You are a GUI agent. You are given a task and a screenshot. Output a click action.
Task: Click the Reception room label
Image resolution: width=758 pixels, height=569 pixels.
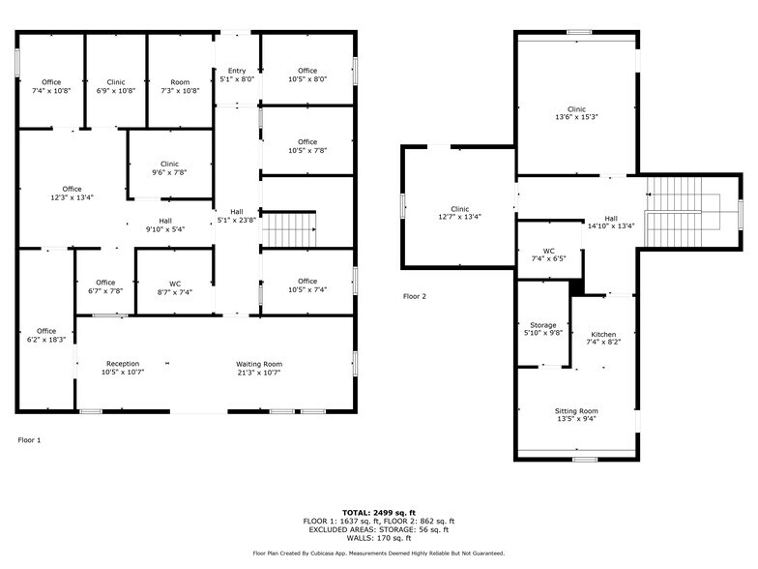(123, 364)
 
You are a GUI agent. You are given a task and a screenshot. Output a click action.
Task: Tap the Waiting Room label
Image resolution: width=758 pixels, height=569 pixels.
(258, 364)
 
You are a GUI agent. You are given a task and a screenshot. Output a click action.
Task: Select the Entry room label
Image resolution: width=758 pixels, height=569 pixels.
(237, 71)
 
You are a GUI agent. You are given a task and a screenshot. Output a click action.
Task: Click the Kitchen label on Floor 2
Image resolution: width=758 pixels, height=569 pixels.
(603, 334)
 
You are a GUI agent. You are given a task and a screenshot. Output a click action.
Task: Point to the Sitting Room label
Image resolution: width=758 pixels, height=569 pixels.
(575, 411)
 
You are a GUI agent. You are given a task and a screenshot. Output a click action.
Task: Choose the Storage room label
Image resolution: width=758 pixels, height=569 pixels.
(543, 325)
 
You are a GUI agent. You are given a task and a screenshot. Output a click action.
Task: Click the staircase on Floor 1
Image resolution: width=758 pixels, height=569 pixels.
(290, 230)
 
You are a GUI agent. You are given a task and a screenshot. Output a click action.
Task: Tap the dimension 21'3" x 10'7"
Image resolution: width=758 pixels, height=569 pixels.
(258, 372)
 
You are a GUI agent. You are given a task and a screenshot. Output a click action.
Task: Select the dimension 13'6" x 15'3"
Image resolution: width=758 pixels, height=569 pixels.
(576, 117)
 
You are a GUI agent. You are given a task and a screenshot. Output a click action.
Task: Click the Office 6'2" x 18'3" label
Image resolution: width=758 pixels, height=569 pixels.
(46, 335)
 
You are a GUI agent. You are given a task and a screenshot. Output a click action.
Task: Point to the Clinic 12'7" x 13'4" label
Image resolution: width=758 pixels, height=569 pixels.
(458, 213)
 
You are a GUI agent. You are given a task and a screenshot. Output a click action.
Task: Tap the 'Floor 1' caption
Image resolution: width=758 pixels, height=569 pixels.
(30, 440)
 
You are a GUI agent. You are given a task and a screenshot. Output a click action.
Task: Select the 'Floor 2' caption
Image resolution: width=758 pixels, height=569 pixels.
(414, 296)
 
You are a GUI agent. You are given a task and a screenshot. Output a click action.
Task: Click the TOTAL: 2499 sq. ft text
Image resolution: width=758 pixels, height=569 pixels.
(378, 512)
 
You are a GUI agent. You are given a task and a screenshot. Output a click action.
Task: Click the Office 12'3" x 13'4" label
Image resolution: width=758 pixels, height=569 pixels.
(72, 193)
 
